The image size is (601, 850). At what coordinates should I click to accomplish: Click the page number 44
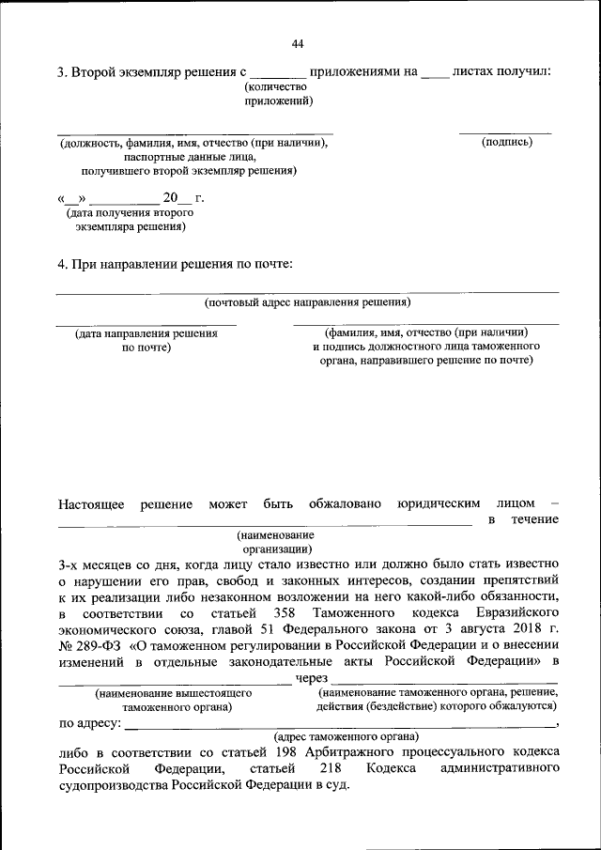[x=298, y=43]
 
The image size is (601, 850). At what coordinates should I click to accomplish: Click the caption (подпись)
[x=506, y=143]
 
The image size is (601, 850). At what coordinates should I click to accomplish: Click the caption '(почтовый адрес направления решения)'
[x=308, y=303]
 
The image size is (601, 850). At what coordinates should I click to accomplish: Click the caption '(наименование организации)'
[x=276, y=542]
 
